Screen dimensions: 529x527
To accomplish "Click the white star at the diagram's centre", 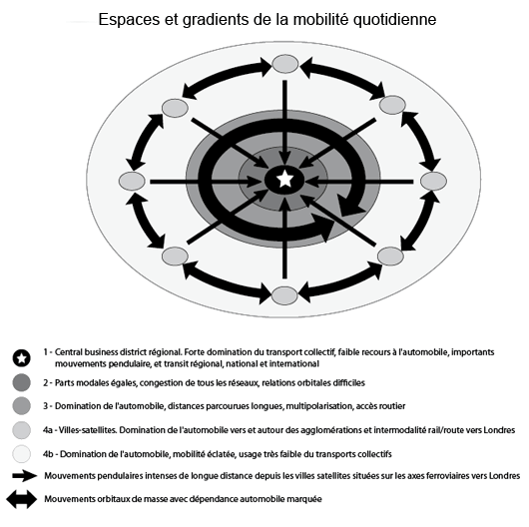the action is point(285,179).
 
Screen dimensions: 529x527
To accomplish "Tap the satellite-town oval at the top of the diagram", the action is point(285,64).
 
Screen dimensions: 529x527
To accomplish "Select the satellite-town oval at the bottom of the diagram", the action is point(284,295).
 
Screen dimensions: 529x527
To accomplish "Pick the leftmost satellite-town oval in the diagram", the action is point(132,181).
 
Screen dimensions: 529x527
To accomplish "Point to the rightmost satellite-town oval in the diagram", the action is point(433,181).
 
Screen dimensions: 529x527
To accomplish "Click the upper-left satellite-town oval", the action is point(175,108).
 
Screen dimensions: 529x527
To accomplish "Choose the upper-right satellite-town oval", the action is point(392,105).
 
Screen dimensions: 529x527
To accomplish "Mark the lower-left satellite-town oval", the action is point(175,257).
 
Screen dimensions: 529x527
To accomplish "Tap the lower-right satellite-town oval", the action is point(390,257).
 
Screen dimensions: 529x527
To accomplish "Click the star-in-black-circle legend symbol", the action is point(22,358).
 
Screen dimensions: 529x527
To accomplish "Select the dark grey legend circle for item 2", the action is point(22,382).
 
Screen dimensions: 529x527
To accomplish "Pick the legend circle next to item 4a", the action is point(22,430).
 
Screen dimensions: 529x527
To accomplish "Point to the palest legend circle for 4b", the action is point(22,454).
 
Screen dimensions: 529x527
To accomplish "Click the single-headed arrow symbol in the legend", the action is point(25,476).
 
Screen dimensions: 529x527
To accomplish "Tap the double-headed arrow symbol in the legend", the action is point(22,499).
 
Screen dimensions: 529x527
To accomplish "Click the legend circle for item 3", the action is point(22,406).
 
